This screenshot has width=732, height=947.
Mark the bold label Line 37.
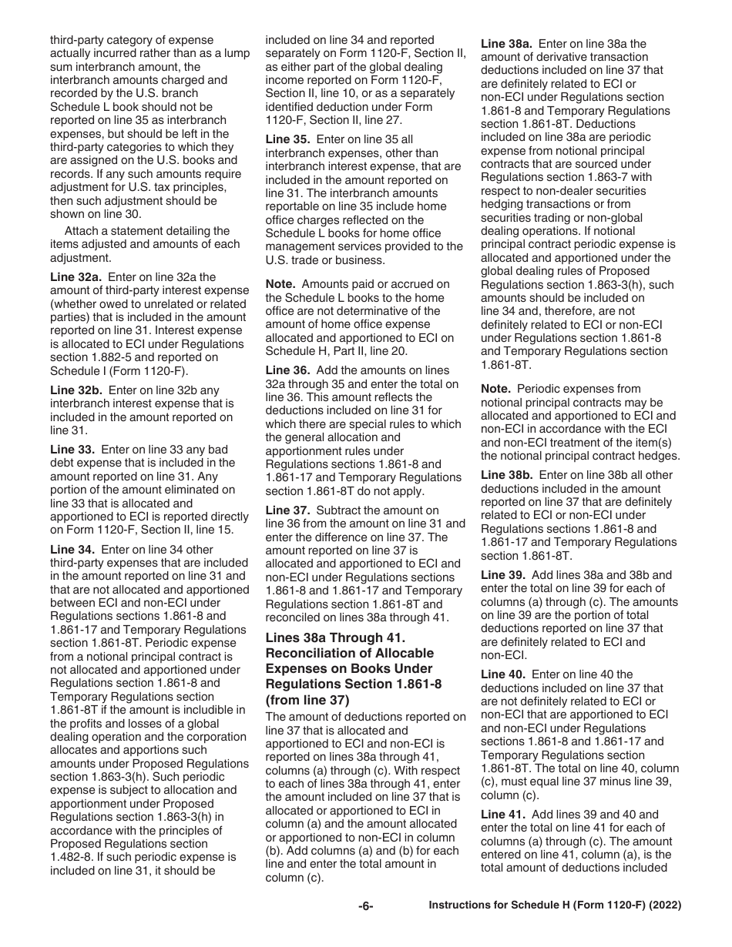click(287, 510)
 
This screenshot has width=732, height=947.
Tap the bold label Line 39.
click(502, 575)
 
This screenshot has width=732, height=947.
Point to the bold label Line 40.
click(502, 674)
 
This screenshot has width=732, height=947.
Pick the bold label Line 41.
click(502, 815)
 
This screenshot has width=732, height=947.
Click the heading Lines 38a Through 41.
click(335, 638)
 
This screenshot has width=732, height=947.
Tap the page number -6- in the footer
click(365, 906)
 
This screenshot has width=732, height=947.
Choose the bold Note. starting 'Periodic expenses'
click(496, 390)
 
